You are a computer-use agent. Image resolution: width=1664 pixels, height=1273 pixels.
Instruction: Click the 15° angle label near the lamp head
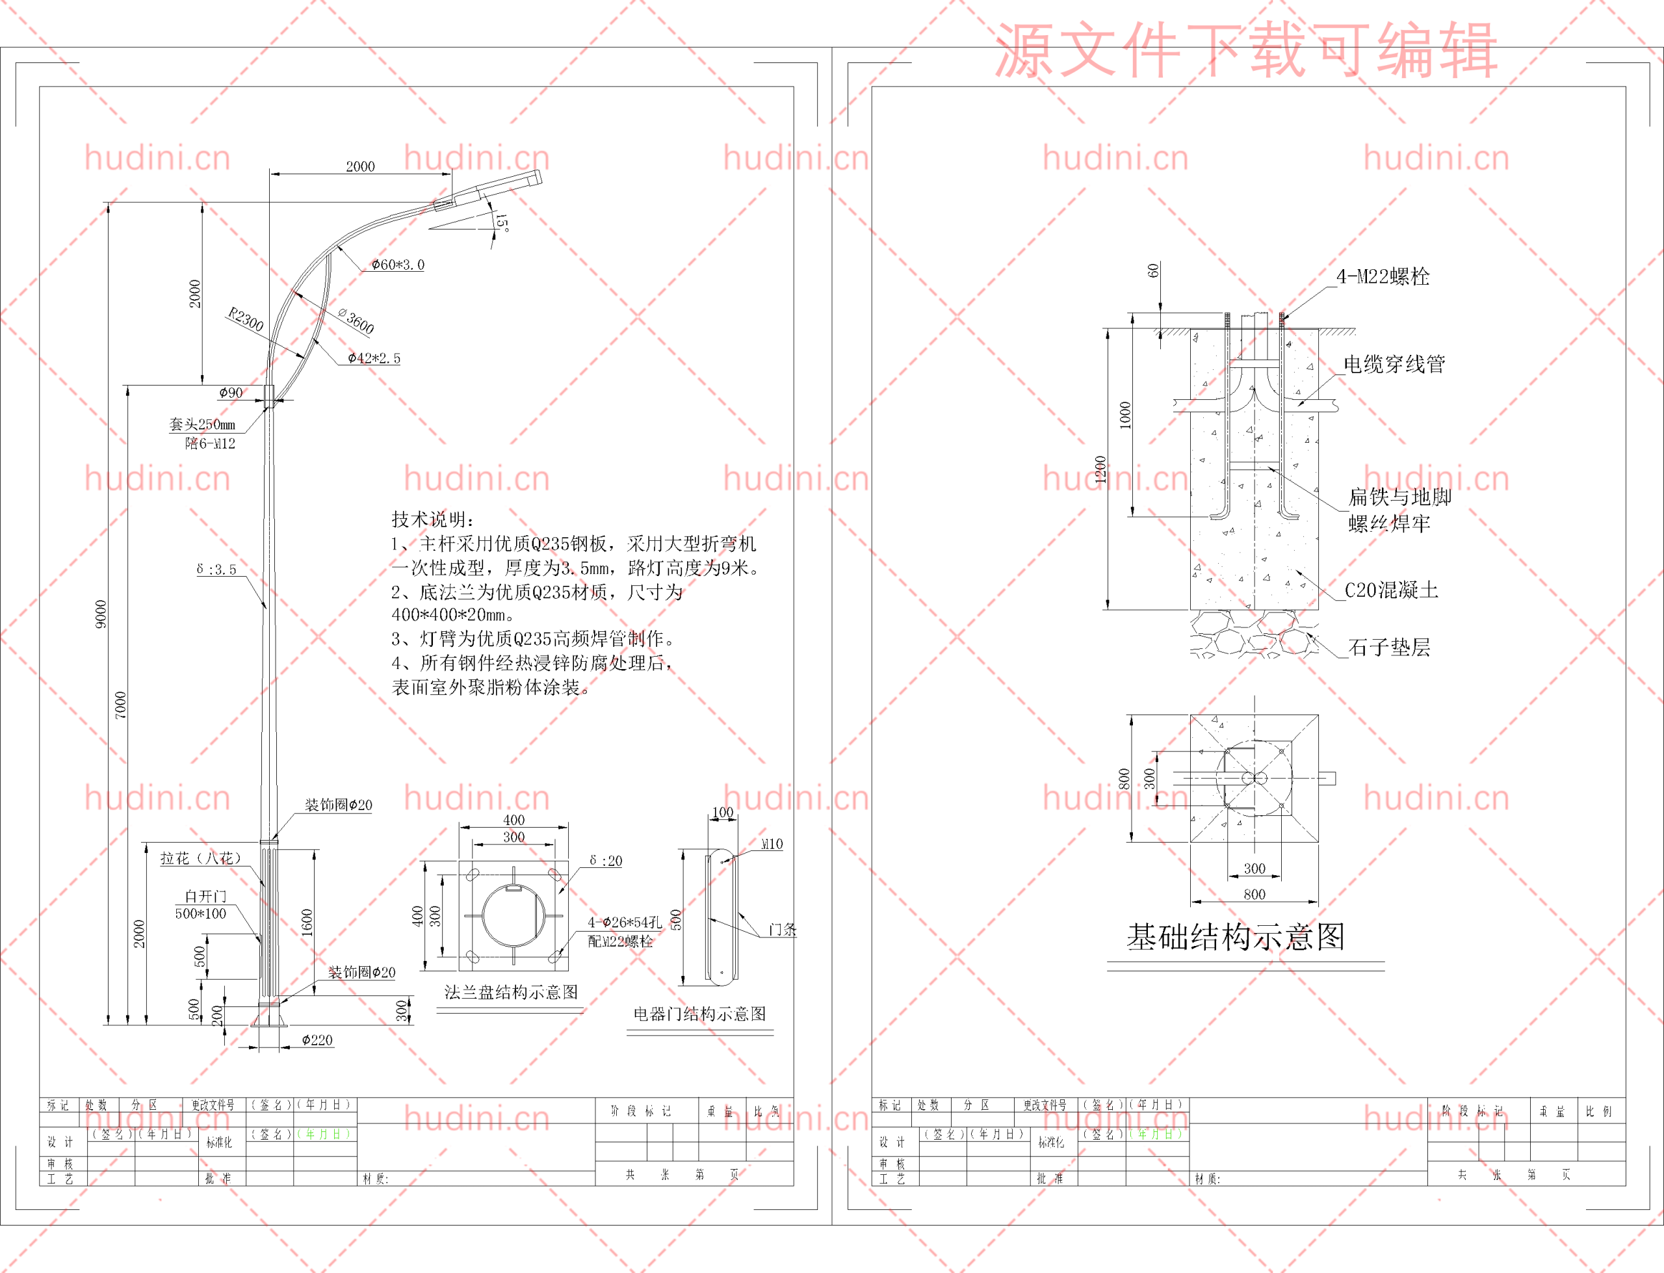click(501, 223)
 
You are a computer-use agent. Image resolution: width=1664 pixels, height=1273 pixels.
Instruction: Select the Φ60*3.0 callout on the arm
click(398, 265)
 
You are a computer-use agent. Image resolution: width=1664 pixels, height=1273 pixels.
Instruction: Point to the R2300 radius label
click(246, 319)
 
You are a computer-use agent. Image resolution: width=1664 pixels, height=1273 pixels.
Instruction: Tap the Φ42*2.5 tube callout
click(374, 358)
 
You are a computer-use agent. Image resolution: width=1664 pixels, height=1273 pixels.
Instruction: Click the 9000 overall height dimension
click(101, 614)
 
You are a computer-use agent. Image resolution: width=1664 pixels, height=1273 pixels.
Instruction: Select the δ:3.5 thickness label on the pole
click(216, 569)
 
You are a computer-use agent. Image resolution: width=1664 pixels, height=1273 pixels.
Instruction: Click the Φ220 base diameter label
click(317, 1040)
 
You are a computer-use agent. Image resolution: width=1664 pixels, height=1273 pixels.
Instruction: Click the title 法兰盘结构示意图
click(512, 993)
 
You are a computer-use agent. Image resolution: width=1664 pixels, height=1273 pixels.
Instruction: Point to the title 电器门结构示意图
click(699, 1014)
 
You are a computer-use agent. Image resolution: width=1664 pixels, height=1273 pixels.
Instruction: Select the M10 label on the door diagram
click(772, 844)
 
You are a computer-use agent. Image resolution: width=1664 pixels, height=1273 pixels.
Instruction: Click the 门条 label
click(783, 929)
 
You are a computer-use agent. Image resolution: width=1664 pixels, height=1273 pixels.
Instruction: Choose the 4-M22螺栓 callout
click(1383, 276)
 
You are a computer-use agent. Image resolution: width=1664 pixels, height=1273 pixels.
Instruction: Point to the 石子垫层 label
click(1389, 647)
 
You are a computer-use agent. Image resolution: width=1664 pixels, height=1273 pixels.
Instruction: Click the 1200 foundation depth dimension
click(1100, 470)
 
